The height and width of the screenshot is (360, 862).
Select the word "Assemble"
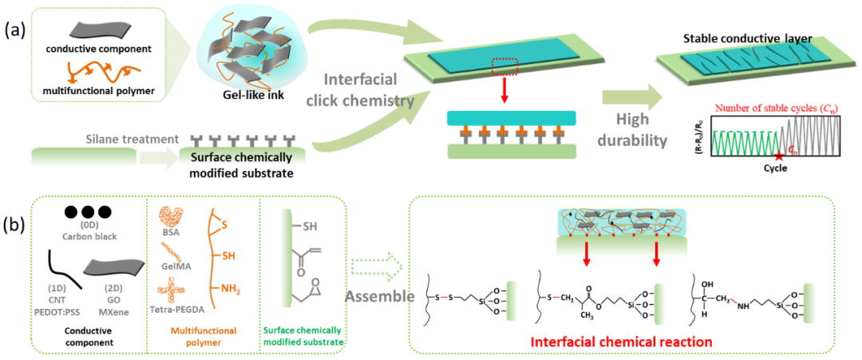(380, 296)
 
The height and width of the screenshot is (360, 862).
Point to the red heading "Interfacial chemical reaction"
(620, 342)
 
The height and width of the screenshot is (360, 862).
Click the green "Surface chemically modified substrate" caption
(303, 335)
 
